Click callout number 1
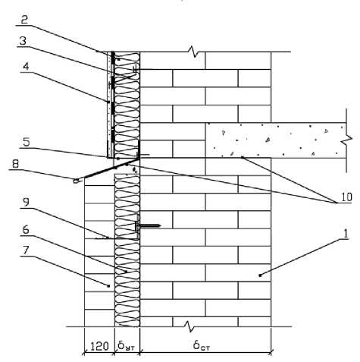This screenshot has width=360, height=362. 346,233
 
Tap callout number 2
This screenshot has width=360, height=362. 24,20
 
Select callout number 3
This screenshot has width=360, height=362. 23,41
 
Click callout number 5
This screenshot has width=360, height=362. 27,142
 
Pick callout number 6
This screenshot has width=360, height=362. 26,230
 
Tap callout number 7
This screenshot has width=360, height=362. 26,250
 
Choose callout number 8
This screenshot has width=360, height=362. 15,164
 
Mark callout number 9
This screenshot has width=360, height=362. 26,202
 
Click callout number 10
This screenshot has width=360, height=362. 346,197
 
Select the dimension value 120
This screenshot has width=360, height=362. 99,346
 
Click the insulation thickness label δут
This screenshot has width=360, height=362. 126,345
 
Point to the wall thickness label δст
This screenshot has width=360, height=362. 202,345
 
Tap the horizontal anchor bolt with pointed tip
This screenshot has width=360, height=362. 148,225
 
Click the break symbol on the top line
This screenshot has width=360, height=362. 193,52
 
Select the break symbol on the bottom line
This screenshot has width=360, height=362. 189,326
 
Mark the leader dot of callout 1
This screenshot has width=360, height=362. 260,275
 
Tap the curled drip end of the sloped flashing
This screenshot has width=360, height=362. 76,181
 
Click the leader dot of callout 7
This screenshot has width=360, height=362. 108,286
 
